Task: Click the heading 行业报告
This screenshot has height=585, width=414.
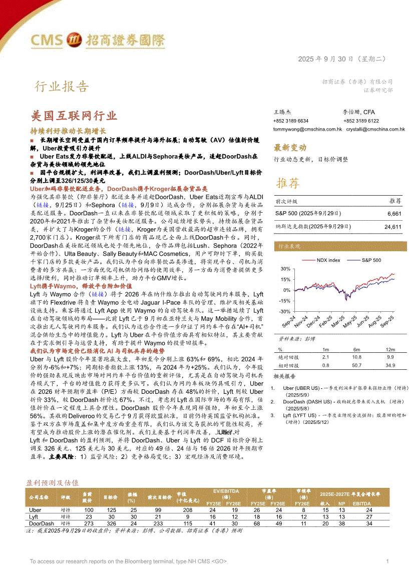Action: click(61, 87)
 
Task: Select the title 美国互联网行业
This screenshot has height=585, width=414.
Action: click(74, 116)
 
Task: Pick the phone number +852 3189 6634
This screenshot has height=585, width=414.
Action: click(291, 121)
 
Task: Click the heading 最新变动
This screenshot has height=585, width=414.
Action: click(290, 148)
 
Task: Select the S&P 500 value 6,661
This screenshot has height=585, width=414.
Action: click(394, 213)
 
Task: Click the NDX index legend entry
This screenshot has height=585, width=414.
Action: click(328, 260)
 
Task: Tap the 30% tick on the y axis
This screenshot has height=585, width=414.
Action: click(285, 269)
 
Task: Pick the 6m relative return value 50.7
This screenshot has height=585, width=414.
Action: click(356, 365)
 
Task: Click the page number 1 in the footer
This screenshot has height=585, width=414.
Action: click(387, 561)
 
